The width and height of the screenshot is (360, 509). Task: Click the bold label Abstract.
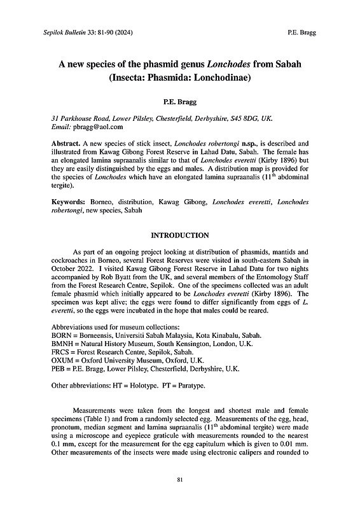65,145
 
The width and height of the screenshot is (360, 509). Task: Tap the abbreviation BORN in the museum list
60,335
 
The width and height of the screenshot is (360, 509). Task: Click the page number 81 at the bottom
180,479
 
